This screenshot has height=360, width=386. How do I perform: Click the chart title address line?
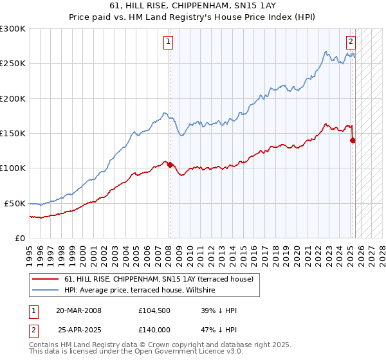[x=193, y=6]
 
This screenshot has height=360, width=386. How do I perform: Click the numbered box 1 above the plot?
[x=168, y=42]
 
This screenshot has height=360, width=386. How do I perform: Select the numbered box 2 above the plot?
[x=351, y=42]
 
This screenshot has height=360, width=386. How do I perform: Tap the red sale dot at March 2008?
[x=170, y=165]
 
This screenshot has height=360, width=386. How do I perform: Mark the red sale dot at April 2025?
[x=353, y=140]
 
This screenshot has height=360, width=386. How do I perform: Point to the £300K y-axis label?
[x=13, y=29]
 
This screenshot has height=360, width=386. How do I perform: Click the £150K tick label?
[x=13, y=134]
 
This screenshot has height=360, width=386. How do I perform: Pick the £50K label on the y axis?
[x=15, y=203]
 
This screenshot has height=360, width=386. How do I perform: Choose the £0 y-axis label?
[x=21, y=238]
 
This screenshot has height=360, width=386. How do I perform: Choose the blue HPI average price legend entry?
[x=142, y=291]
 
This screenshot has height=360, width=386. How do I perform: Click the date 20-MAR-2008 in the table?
[x=78, y=310]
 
